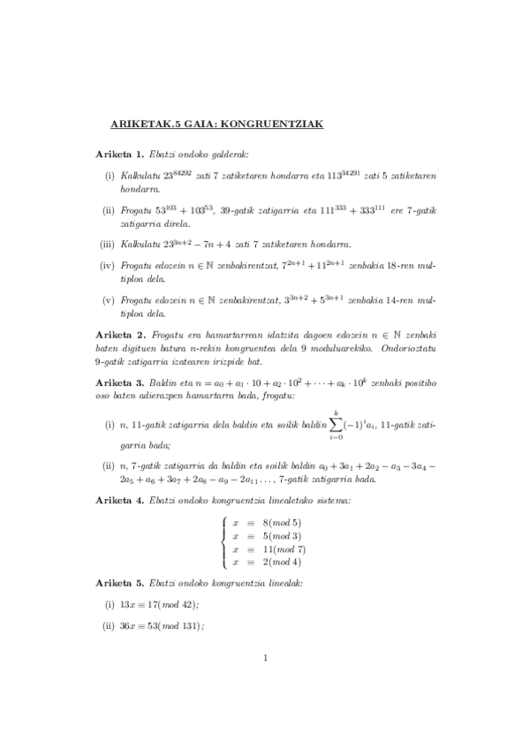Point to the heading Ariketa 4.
pyautogui.click(x=120, y=501)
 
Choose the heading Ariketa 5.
pyautogui.click(x=120, y=584)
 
